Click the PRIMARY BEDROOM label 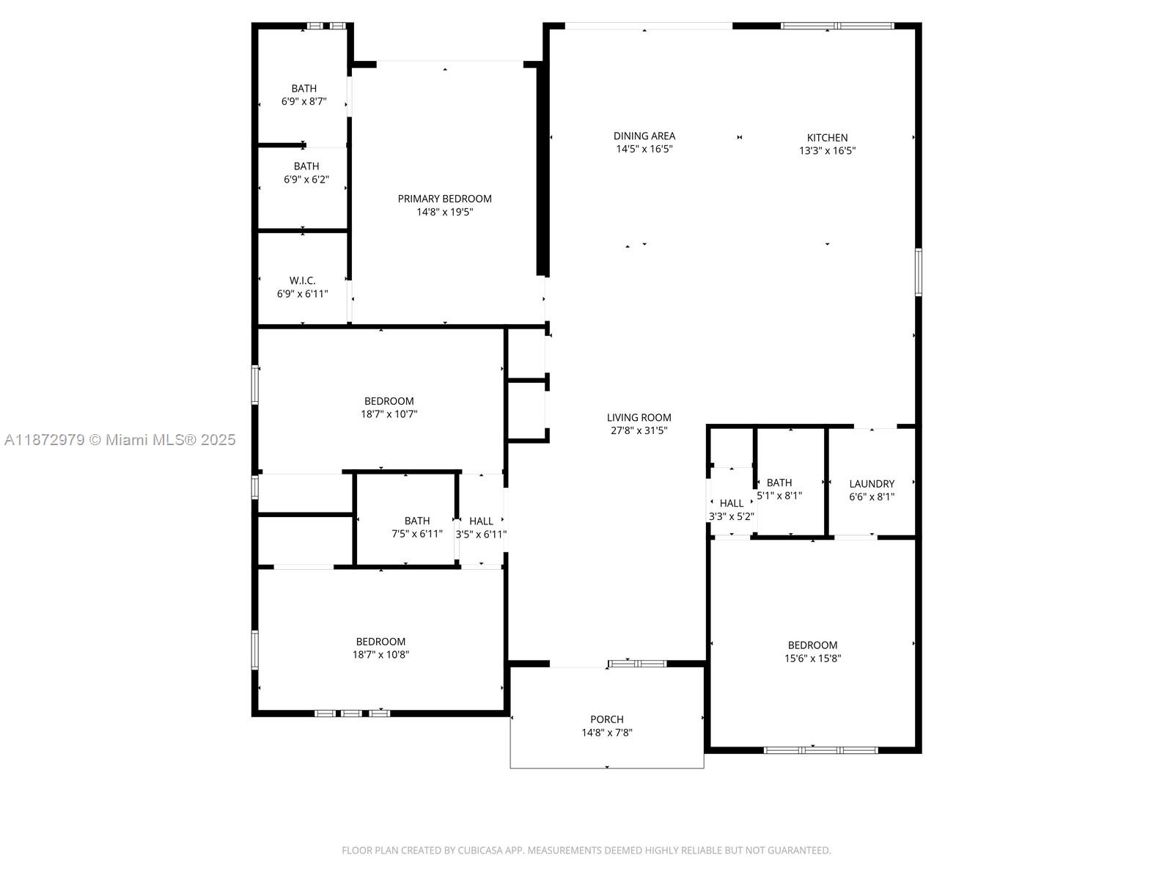click(444, 199)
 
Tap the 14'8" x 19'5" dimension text click(444, 212)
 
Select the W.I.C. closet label click(302, 281)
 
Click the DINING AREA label click(644, 136)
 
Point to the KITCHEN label click(827, 138)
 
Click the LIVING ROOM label click(639, 417)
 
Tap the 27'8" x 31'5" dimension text click(639, 430)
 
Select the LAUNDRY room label click(872, 484)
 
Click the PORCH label click(607, 719)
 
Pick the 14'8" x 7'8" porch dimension click(607, 733)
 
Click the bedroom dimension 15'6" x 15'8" click(812, 659)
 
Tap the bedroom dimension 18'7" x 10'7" click(389, 414)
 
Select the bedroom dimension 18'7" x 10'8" click(380, 655)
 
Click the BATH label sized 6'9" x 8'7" click(304, 89)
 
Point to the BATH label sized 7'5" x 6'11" click(417, 521)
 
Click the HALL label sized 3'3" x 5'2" click(732, 503)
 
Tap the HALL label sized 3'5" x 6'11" click(481, 521)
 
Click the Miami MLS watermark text click(120, 440)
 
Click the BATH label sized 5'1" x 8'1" click(779, 483)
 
